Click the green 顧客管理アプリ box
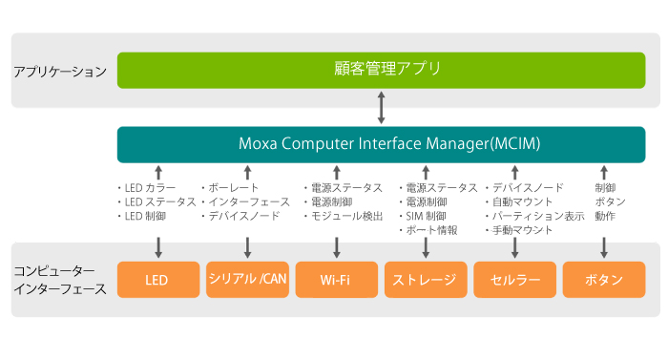coord(381,70)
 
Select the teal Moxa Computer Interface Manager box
coord(381,144)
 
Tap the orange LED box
coord(157,280)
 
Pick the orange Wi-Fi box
coord(335,280)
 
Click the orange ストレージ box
coord(425,280)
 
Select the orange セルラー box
coord(514,280)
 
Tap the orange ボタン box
coord(603,280)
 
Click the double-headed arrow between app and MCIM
coord(381,107)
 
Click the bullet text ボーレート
coord(233,188)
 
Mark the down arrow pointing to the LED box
coord(157,247)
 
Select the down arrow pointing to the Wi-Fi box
coord(337,247)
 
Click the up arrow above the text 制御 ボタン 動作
coord(603,172)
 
